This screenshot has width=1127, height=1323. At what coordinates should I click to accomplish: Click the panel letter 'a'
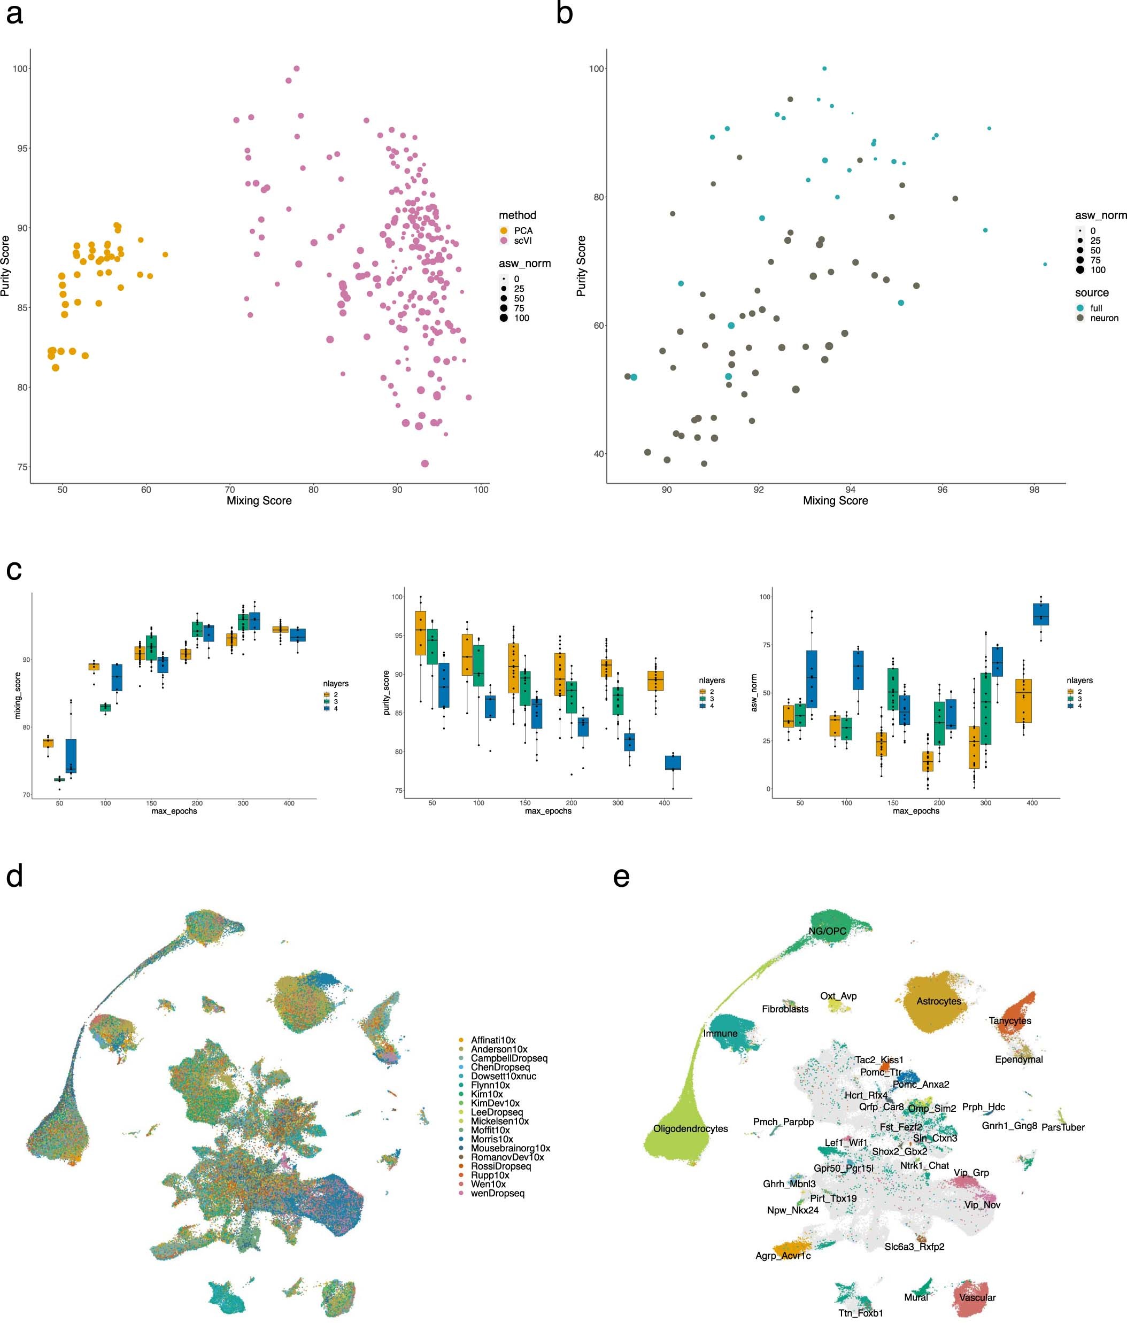pos(14,14)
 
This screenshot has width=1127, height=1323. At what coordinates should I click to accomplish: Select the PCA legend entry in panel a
pos(523,230)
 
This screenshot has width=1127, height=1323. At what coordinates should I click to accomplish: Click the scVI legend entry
pos(522,241)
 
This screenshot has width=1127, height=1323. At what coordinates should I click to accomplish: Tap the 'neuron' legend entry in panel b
pos(1104,318)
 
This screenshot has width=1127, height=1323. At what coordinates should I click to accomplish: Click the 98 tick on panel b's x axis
pos(1034,490)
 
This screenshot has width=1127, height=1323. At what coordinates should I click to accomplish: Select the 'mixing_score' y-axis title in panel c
pos(18,695)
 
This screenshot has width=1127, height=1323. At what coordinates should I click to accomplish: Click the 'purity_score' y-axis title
pos(387,692)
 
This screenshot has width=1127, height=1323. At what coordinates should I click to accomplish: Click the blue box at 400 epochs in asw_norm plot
pos(1041,614)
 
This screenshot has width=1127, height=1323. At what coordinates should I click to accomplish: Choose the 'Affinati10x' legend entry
pos(493,1040)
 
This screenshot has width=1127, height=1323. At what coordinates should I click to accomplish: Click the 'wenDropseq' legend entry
pos(497,1193)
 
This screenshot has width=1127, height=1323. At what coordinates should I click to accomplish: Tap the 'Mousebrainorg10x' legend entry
pos(510,1148)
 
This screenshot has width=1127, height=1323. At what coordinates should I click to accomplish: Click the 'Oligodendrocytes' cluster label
pos(690,1129)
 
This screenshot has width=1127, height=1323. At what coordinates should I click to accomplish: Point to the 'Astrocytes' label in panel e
pos(939,1001)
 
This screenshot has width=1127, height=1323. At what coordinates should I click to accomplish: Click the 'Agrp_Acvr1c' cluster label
pos(783,1256)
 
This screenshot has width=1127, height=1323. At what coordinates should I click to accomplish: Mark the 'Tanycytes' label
pos(1009,1021)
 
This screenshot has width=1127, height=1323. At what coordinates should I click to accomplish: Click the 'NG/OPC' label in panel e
pos(827,932)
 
